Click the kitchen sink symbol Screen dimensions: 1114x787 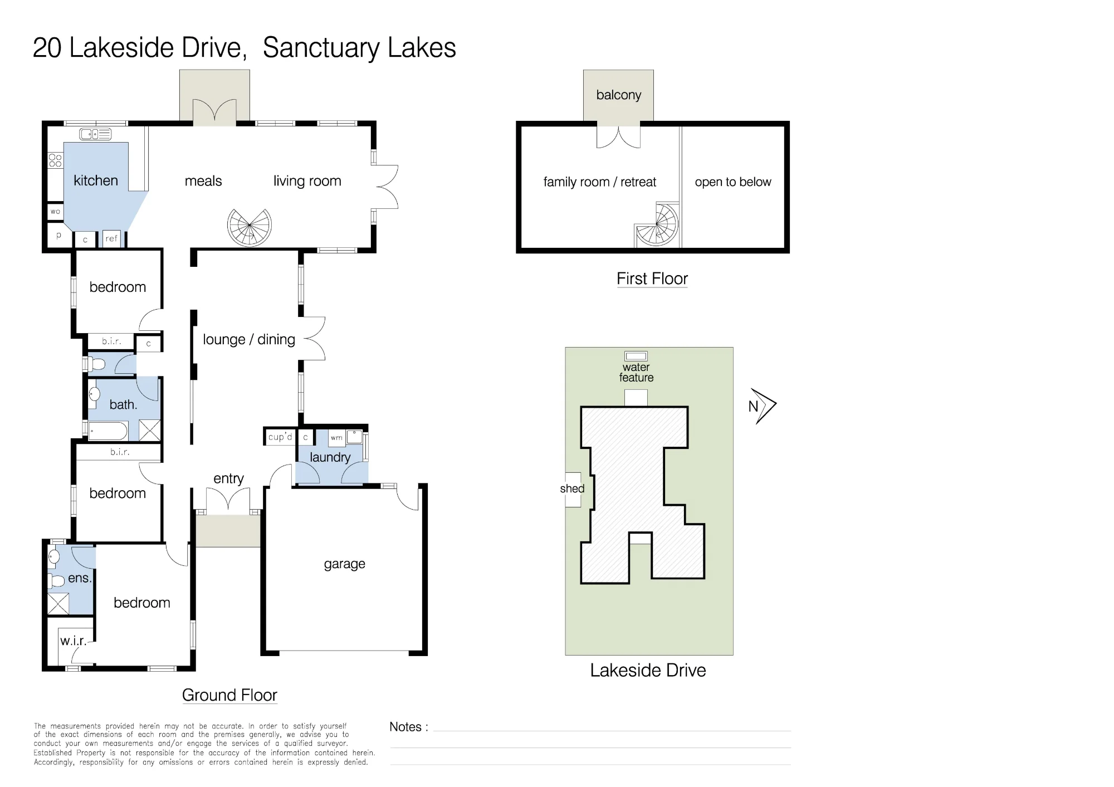pyautogui.click(x=95, y=134)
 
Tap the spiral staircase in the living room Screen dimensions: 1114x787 pyautogui.click(x=250, y=227)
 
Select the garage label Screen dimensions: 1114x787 pyautogui.click(x=345, y=564)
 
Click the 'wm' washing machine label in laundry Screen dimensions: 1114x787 pyautogui.click(x=336, y=438)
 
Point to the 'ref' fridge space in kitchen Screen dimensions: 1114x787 pyautogui.click(x=111, y=238)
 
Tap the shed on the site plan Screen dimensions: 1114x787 pyautogui.click(x=573, y=490)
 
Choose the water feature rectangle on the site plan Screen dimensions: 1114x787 pyautogui.click(x=636, y=356)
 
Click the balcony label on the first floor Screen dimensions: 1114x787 pyautogui.click(x=619, y=95)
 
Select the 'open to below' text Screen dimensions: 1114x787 pyautogui.click(x=733, y=182)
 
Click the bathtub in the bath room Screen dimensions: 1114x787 pyautogui.click(x=108, y=431)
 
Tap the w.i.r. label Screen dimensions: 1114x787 pyautogui.click(x=73, y=641)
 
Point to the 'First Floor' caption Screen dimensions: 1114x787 pyautogui.click(x=652, y=278)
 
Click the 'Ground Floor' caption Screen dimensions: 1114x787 pyautogui.click(x=229, y=695)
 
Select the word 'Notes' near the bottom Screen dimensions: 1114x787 pyautogui.click(x=405, y=727)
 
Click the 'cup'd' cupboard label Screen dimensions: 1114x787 pyautogui.click(x=280, y=437)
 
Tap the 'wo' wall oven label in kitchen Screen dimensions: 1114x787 pyautogui.click(x=55, y=212)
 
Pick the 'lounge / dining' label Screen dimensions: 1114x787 pyautogui.click(x=249, y=339)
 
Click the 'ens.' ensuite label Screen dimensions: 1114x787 pyautogui.click(x=80, y=578)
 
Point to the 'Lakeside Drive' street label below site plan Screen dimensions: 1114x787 pyautogui.click(x=648, y=670)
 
